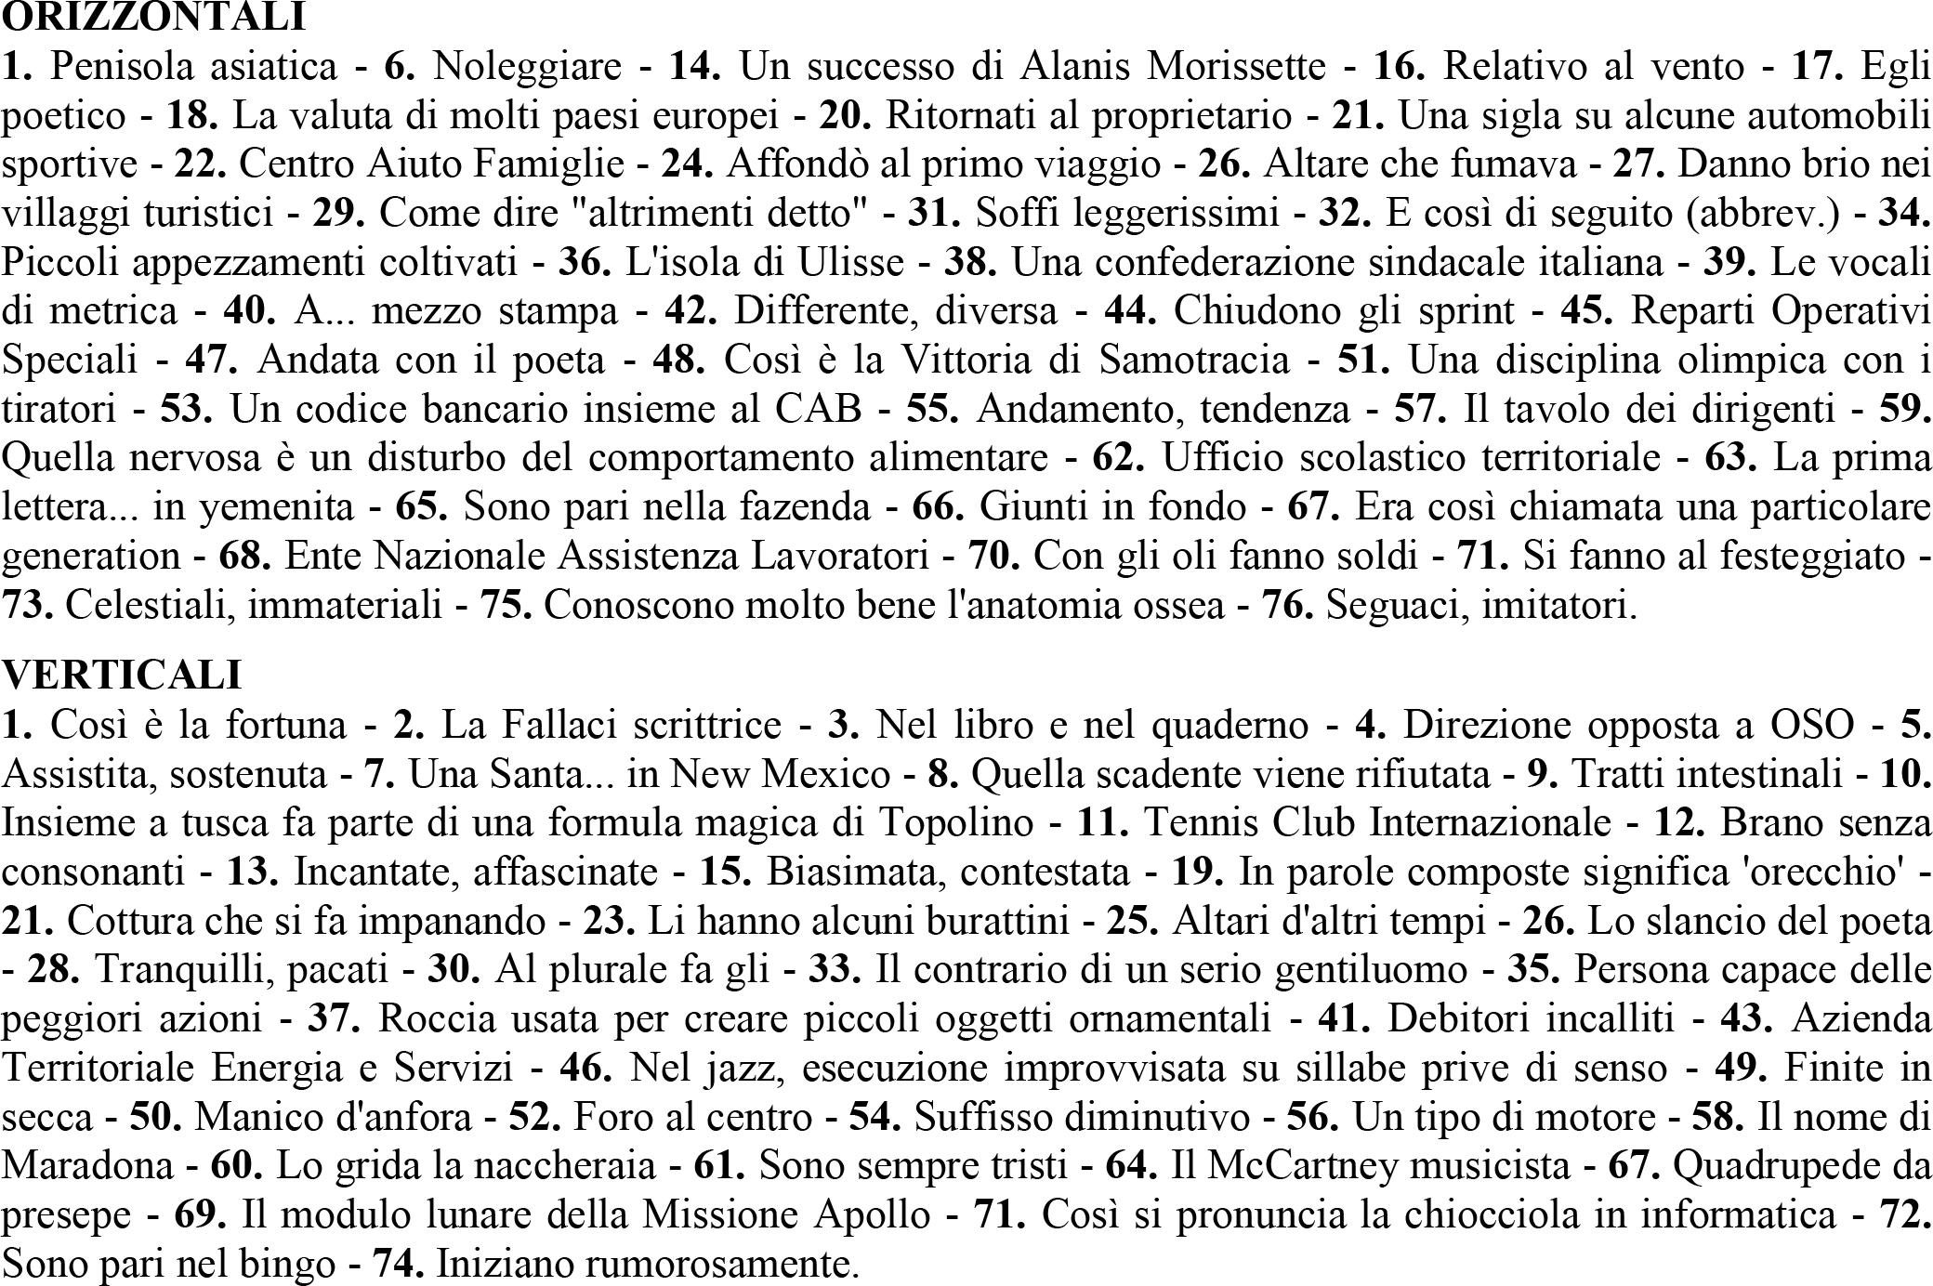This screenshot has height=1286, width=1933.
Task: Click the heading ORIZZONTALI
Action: click(x=154, y=17)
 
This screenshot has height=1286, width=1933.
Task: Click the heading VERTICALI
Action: click(x=122, y=675)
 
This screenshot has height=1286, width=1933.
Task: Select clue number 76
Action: click(x=1287, y=605)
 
